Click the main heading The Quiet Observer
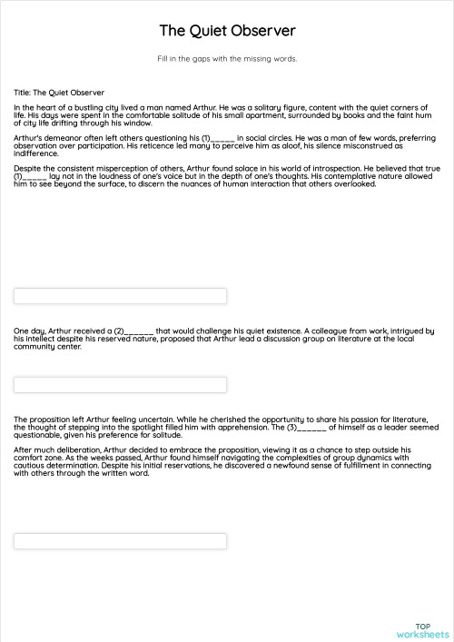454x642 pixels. click(x=227, y=31)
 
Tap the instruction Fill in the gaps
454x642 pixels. click(x=227, y=59)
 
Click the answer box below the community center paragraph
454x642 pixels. click(x=120, y=385)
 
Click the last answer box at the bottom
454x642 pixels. click(x=120, y=541)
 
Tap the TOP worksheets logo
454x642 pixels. click(x=422, y=630)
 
